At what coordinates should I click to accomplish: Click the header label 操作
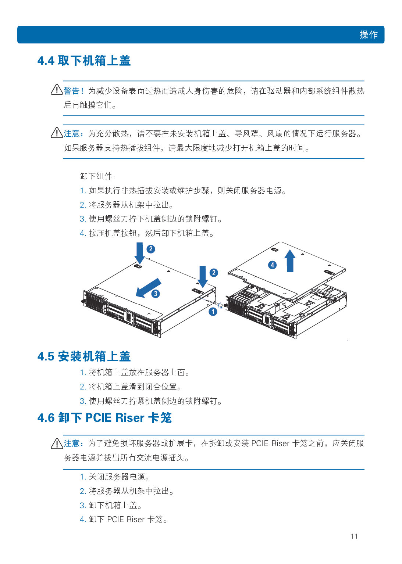[369, 35]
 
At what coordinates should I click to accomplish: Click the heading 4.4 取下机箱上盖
[84, 61]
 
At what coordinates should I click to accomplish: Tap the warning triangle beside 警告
[57, 89]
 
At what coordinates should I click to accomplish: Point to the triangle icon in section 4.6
[57, 443]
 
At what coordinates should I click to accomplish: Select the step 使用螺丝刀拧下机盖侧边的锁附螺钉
[151, 219]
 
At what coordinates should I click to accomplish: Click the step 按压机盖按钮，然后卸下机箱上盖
[147, 233]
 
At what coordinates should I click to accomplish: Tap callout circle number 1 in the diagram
[213, 312]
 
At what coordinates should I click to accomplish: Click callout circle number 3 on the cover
[156, 294]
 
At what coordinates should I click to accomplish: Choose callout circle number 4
[272, 265]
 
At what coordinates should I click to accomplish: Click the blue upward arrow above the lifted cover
[290, 261]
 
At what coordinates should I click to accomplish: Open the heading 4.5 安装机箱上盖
[84, 356]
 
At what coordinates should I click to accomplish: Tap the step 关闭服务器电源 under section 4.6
[115, 477]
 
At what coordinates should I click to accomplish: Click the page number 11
[354, 536]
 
